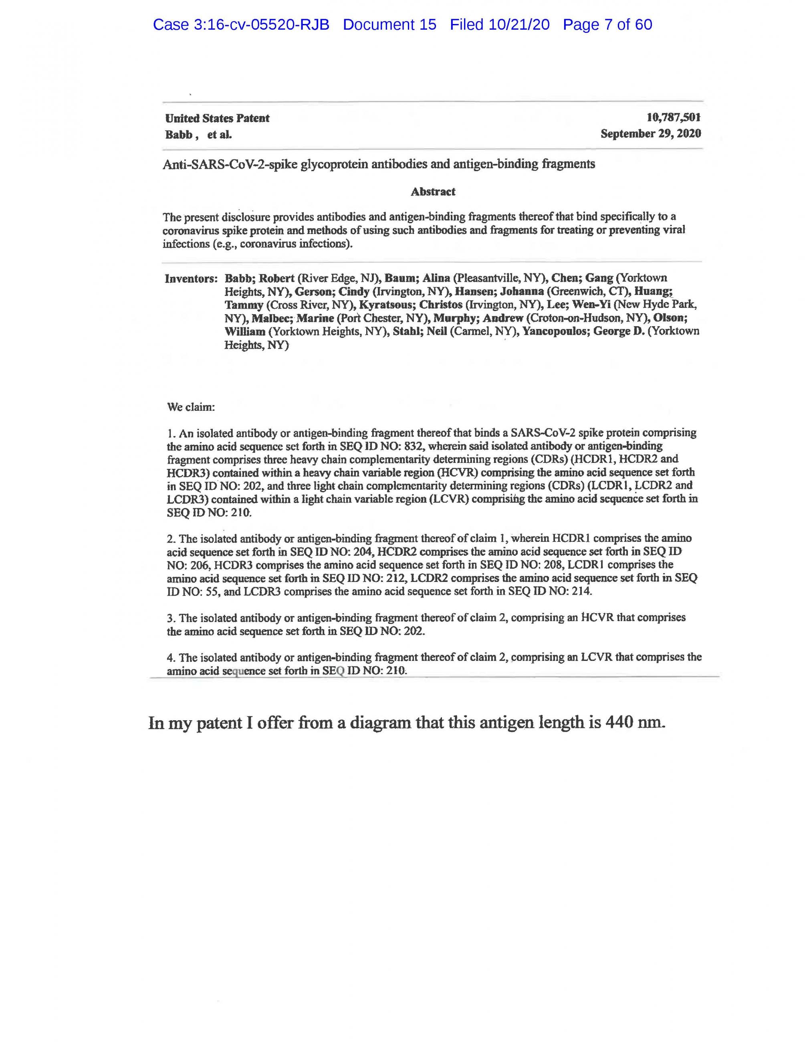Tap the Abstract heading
click(x=432, y=192)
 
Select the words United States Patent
click(x=217, y=118)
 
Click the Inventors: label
click(x=191, y=279)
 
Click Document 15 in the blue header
click(x=389, y=25)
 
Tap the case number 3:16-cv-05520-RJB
click(x=262, y=25)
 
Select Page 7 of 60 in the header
click(x=607, y=25)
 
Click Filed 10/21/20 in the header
click(x=499, y=25)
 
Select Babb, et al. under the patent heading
click(x=198, y=135)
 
